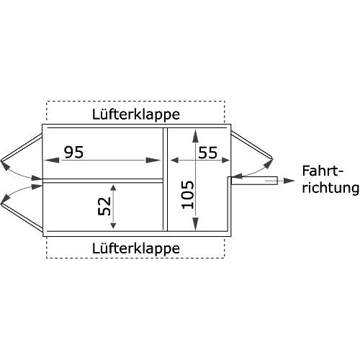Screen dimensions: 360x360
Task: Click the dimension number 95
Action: pyautogui.click(x=73, y=152)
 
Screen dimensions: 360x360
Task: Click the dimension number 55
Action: pyautogui.click(x=208, y=153)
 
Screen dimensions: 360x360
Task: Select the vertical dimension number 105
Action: pyautogui.click(x=188, y=194)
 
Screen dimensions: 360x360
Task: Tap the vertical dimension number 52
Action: pyautogui.click(x=104, y=206)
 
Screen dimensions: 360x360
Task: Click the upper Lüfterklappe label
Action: pyautogui.click(x=136, y=114)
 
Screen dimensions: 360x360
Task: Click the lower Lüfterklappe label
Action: pyautogui.click(x=136, y=248)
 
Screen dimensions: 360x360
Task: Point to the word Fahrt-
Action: pyautogui.click(x=323, y=171)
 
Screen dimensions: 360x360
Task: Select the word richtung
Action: pyautogui.click(x=330, y=188)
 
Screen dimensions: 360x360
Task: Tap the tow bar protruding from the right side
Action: pyautogui.click(x=254, y=181)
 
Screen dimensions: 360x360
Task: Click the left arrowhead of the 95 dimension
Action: pyautogui.click(x=52, y=160)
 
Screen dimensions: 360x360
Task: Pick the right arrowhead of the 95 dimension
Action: pyautogui.click(x=153, y=160)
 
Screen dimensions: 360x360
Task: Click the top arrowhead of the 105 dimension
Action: pyautogui.click(x=196, y=137)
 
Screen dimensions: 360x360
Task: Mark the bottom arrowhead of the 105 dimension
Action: pyautogui.click(x=196, y=224)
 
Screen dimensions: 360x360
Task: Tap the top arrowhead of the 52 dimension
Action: pyautogui.click(x=113, y=188)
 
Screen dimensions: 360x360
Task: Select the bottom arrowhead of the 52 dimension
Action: pyautogui.click(x=113, y=225)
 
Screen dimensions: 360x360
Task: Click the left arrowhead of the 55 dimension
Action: pyautogui.click(x=174, y=160)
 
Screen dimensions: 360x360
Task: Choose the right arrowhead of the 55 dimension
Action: pyautogui.click(x=226, y=160)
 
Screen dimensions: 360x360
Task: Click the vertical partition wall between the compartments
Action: pyautogui.click(x=165, y=179)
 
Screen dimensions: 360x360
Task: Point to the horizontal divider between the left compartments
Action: pyautogui.click(x=103, y=181)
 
